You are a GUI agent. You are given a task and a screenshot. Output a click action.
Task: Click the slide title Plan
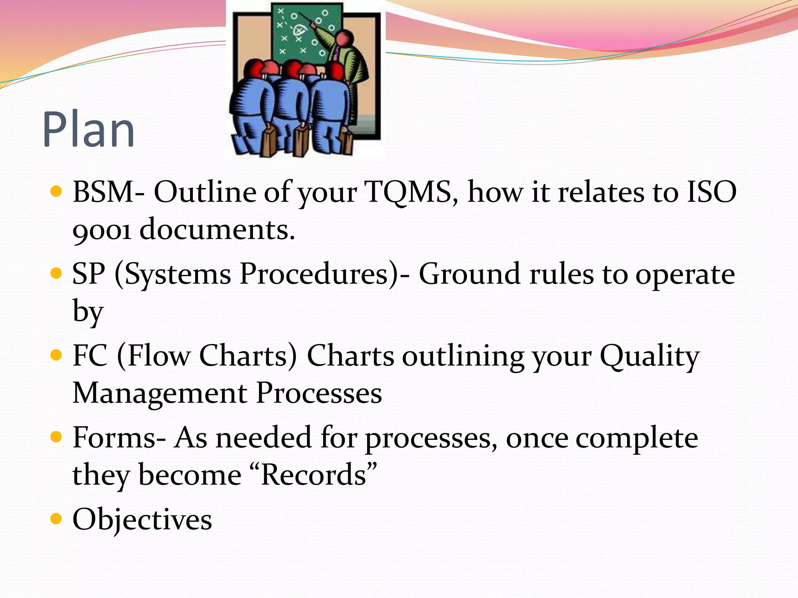click(89, 130)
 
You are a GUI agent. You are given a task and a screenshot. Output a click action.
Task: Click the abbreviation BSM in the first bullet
click(103, 192)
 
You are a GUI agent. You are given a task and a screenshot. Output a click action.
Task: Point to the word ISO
click(711, 192)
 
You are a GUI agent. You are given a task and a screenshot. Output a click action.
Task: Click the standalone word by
click(88, 312)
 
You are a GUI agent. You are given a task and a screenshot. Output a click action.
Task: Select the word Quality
click(650, 356)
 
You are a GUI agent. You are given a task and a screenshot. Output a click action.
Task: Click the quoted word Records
click(314, 475)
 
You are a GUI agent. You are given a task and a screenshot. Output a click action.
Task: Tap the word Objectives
click(143, 519)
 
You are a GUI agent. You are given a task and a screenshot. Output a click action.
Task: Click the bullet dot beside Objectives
click(56, 519)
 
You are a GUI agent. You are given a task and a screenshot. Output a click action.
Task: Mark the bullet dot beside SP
click(56, 273)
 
